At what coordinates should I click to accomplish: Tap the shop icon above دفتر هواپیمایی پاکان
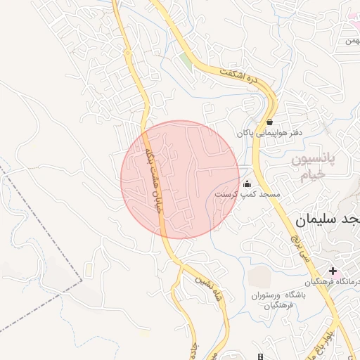(270, 122)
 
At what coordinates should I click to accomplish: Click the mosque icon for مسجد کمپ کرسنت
(247, 184)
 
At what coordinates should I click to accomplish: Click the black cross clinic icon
(333, 271)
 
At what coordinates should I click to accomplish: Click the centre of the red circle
(181, 179)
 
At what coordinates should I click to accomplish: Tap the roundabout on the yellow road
(127, 52)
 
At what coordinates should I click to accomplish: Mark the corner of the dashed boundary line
(82, 281)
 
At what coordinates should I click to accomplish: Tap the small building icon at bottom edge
(260, 356)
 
